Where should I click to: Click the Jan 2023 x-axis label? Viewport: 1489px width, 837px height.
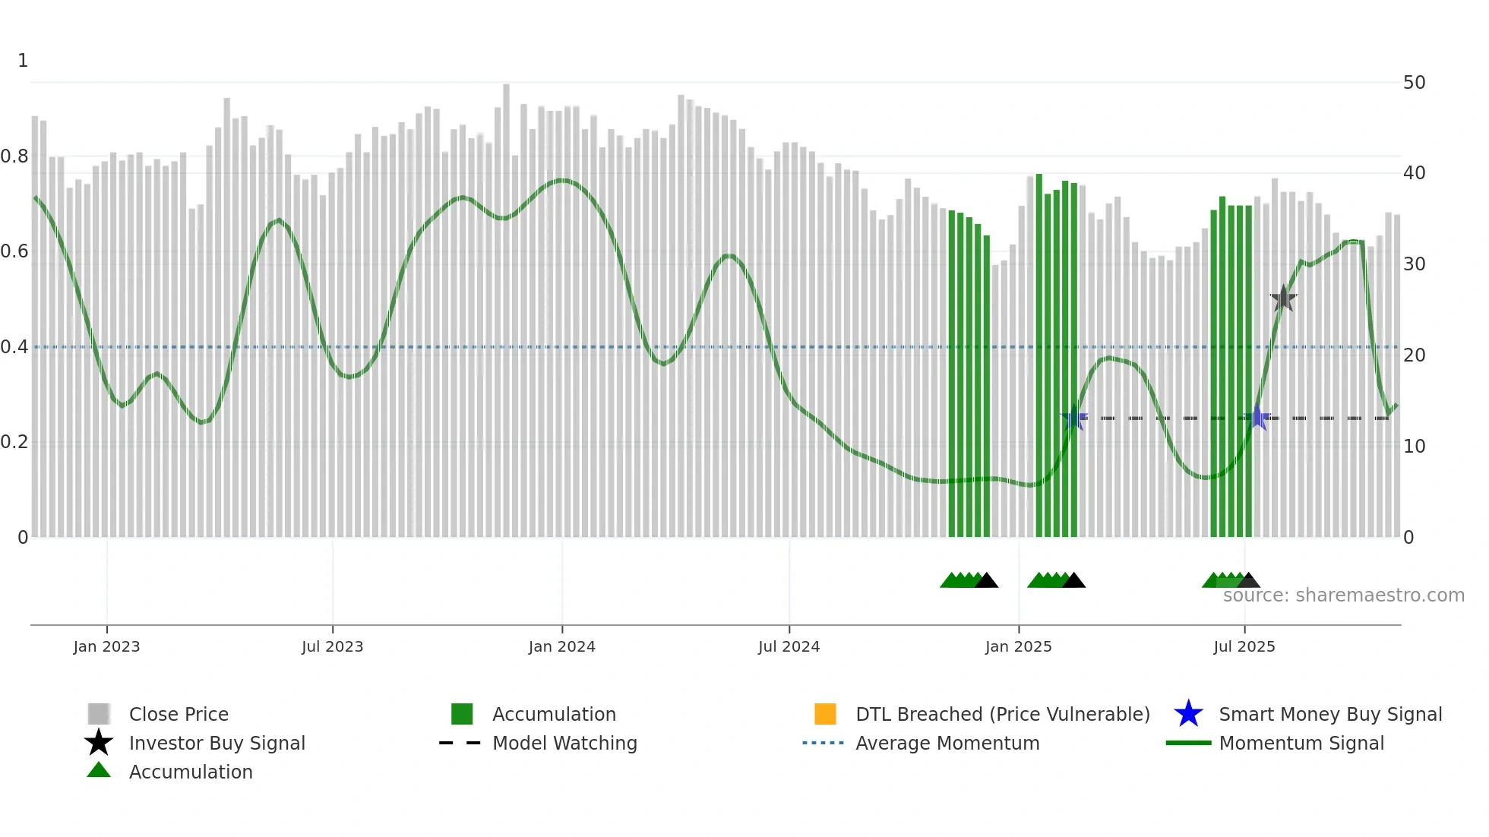[106, 646]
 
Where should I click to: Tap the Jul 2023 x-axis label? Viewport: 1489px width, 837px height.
[332, 646]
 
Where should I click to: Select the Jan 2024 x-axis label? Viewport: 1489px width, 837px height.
[561, 646]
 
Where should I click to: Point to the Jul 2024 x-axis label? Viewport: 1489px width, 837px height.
[789, 646]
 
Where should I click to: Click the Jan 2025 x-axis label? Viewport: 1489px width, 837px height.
[1018, 646]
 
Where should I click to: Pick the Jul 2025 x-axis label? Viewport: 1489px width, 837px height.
[1244, 646]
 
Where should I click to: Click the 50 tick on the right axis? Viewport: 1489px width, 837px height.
[1414, 83]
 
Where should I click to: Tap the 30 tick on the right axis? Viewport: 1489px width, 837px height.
[1414, 264]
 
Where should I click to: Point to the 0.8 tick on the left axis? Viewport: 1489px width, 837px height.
[14, 156]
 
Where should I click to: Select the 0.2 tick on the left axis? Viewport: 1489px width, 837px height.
[14, 442]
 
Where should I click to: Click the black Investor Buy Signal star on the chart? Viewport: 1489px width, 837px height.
[1283, 298]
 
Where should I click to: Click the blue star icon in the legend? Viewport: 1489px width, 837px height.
[1188, 714]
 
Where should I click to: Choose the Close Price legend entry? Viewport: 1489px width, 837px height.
[179, 714]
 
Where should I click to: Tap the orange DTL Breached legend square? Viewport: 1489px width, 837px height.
[825, 714]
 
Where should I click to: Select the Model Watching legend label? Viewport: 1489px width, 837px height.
[564, 743]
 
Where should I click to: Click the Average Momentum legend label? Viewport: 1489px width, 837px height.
[947, 743]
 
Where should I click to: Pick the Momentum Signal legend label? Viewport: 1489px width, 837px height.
[1301, 743]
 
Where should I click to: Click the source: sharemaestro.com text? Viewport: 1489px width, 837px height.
[1343, 595]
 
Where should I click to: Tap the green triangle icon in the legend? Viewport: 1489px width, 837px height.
[99, 770]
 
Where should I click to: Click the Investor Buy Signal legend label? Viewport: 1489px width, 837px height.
[217, 743]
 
